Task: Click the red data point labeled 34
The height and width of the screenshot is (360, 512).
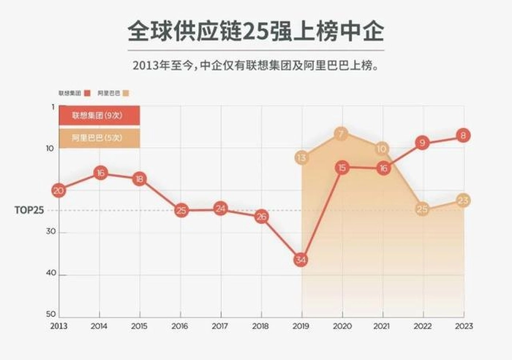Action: point(301,260)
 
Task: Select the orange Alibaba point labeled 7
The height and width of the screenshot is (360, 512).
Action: point(341,134)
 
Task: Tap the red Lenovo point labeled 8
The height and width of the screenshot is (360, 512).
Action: point(462,135)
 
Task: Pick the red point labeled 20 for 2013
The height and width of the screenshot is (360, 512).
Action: point(59,190)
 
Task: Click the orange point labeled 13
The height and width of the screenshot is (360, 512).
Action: point(301,157)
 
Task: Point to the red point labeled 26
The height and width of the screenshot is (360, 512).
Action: point(261,217)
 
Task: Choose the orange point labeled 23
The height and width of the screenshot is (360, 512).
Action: point(462,200)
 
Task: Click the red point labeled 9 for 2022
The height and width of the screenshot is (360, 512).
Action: point(422,143)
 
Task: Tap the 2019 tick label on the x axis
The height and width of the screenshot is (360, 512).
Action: point(301,326)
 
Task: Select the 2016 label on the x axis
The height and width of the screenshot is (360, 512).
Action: point(180,326)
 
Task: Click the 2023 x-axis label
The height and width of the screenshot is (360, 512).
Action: point(462,326)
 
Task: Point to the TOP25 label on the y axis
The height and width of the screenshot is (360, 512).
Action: point(29,210)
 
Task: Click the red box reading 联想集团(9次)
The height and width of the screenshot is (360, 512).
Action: point(99,116)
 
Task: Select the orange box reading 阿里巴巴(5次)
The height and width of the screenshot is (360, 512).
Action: point(99,138)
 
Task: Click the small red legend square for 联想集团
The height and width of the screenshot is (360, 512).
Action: point(87,94)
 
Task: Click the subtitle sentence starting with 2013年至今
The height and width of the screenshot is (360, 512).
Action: point(256,66)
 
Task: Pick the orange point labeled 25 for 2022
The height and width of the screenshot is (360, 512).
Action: point(422,209)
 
